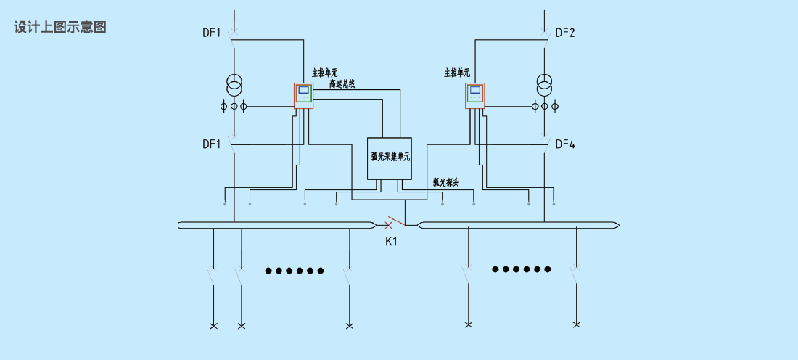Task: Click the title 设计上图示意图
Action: (60, 27)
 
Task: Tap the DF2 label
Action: (565, 33)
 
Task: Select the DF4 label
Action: (565, 144)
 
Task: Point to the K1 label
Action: (391, 242)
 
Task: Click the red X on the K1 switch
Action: (388, 224)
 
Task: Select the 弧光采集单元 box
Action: (390, 158)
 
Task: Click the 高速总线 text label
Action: (342, 84)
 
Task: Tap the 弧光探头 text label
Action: (446, 182)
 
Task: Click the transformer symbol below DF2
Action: (545, 85)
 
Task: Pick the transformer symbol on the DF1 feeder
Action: (234, 85)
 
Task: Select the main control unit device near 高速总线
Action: (304, 96)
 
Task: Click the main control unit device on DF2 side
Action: (475, 96)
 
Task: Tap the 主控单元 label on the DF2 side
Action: (457, 73)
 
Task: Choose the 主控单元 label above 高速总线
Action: (325, 74)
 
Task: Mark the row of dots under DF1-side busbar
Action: (295, 271)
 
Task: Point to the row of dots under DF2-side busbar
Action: (521, 269)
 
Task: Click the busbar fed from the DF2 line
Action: (518, 225)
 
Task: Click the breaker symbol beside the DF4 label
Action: (546, 144)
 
